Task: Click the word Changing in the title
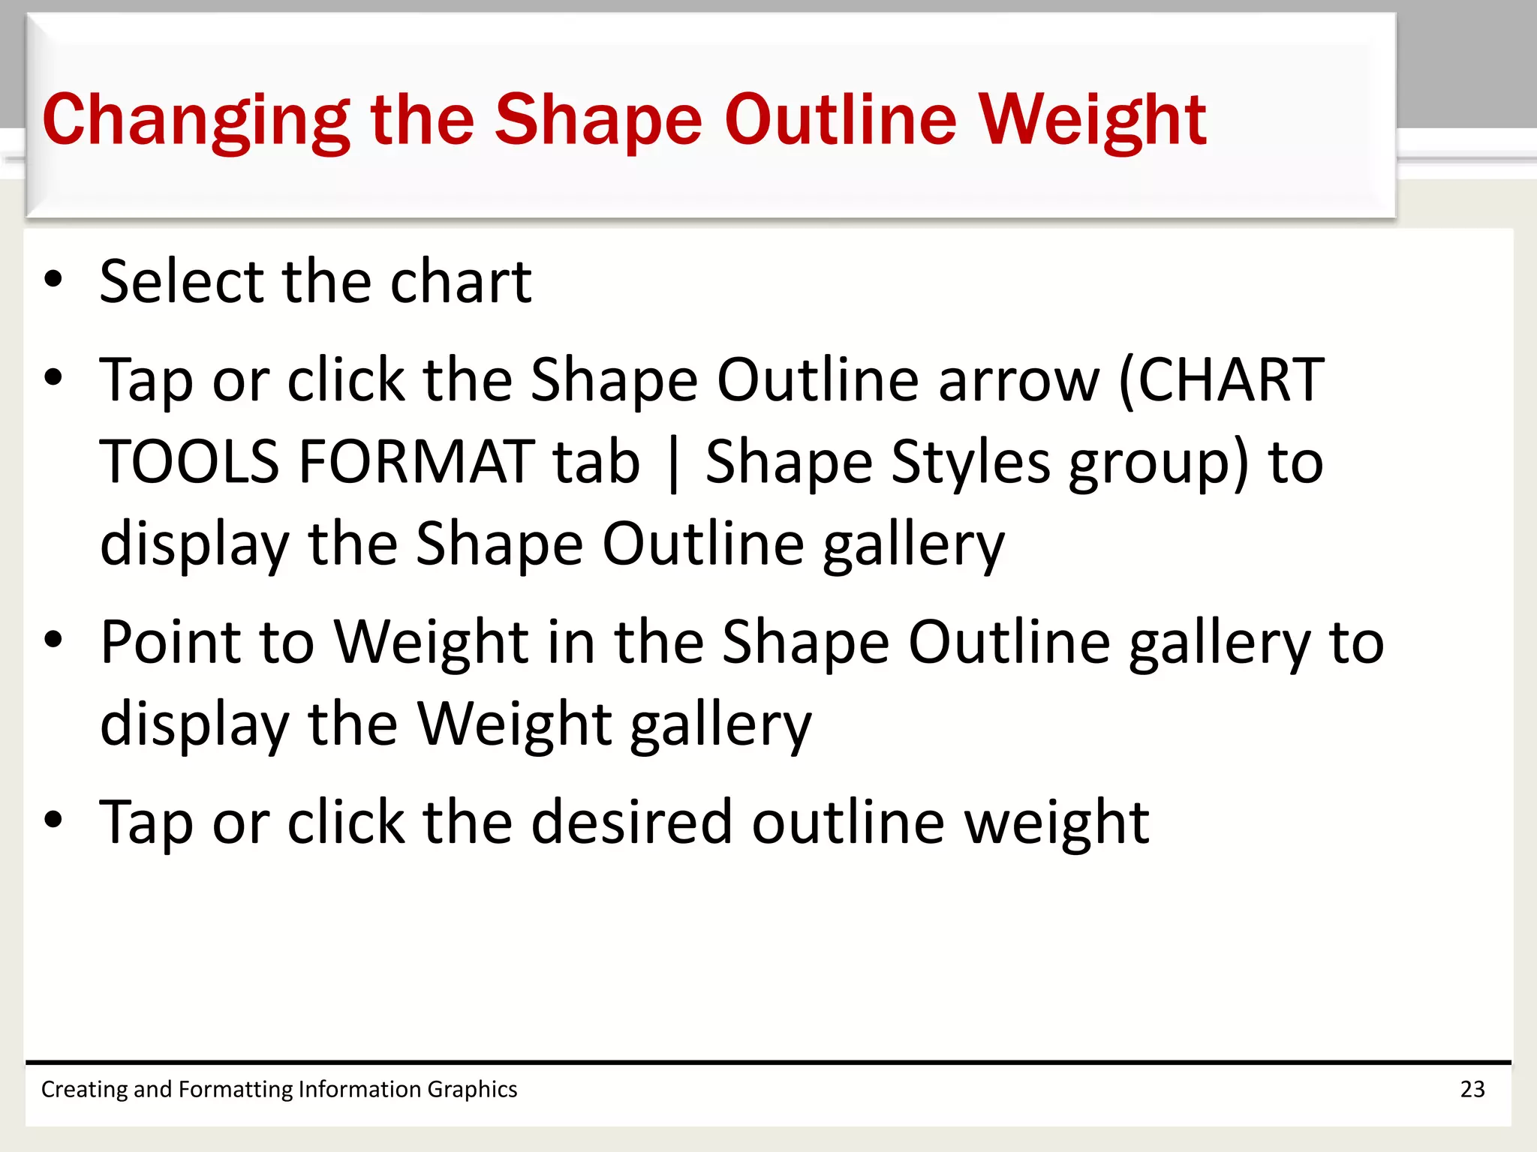[195, 120]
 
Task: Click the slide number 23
[1472, 1089]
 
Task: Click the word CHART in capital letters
[1231, 380]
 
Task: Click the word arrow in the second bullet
[1018, 380]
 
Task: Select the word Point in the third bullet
[170, 642]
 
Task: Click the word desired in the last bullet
[631, 823]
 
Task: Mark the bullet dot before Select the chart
[53, 280]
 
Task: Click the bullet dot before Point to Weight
[53, 640]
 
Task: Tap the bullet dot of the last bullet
[53, 820]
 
